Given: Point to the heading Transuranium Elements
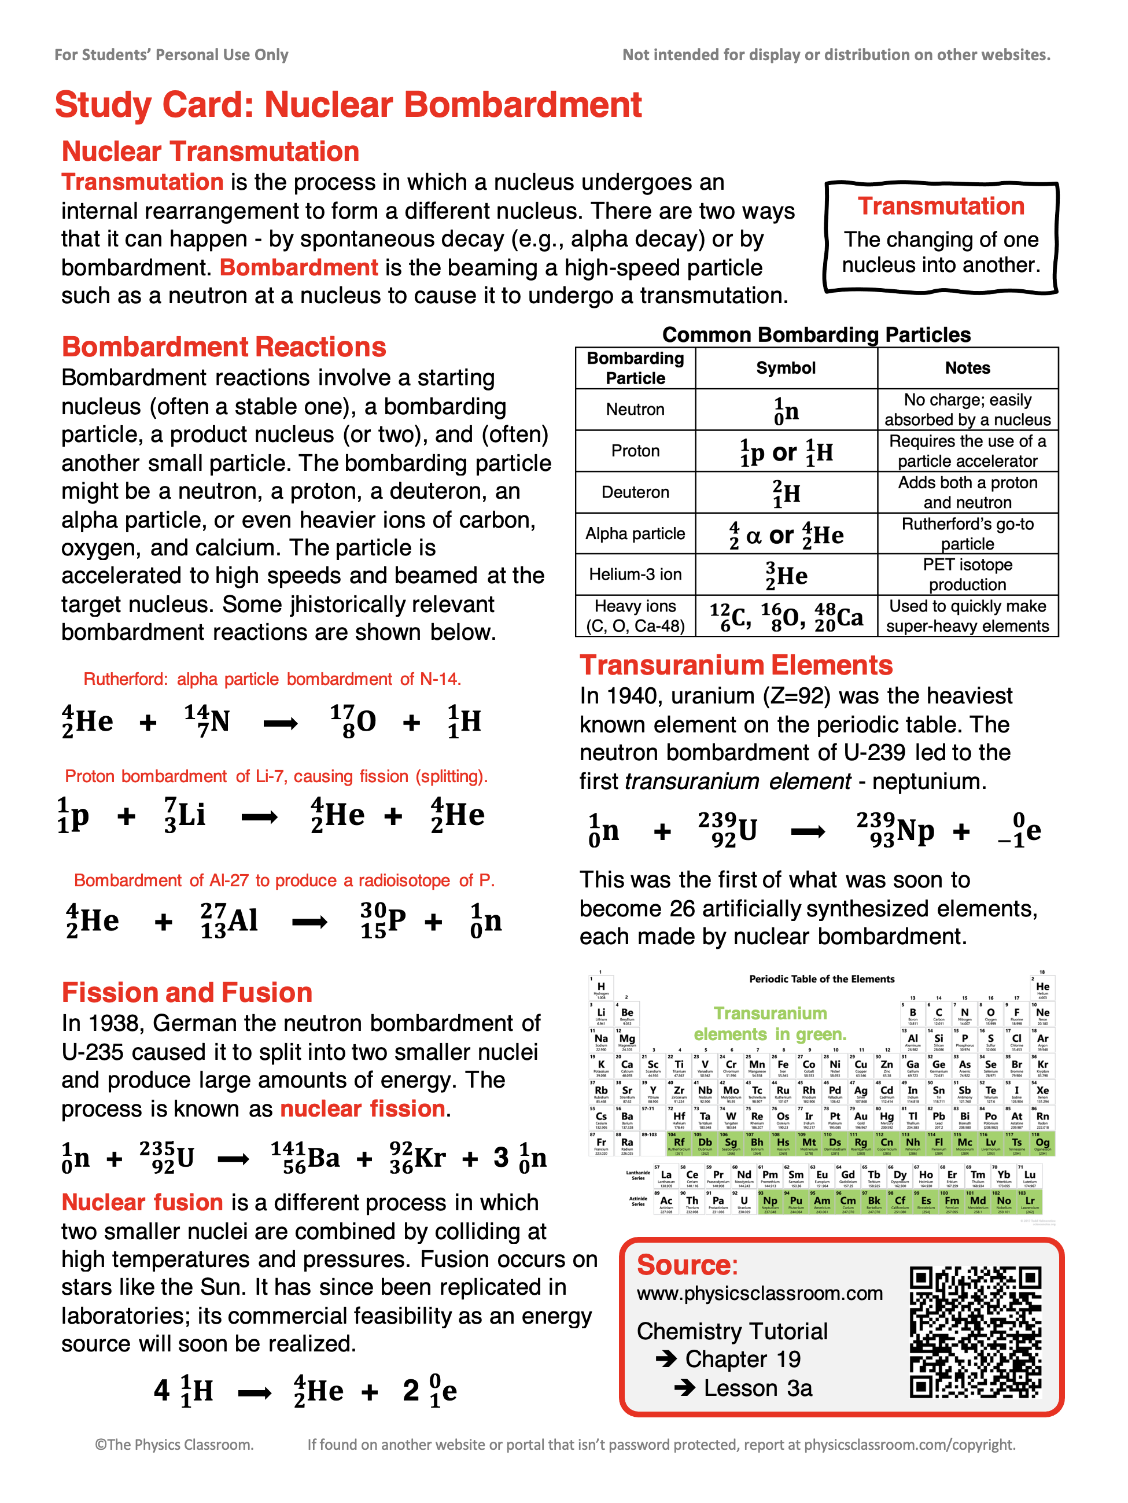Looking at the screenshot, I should pos(736,665).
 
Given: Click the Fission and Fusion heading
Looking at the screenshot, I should pos(187,993).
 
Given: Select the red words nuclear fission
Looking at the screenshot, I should pos(363,1108).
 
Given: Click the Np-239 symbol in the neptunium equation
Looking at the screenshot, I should pos(895,830).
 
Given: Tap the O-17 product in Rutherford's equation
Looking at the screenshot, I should pos(353,721).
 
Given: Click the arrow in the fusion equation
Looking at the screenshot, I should pos(255,1394).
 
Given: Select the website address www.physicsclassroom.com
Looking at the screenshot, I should pos(760,1293).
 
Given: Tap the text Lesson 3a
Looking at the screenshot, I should pos(758,1388).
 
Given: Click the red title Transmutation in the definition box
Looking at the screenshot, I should pos(941,206).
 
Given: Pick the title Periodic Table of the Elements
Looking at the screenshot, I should pos(821,979).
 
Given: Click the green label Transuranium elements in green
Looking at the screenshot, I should pos(770,1024).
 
